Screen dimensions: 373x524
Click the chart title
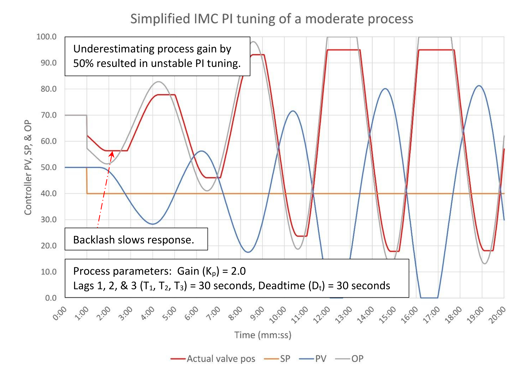(272, 19)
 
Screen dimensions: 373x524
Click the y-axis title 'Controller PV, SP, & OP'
(28, 167)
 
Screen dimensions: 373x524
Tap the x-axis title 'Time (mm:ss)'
(263, 335)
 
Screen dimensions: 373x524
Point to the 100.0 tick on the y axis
(46, 37)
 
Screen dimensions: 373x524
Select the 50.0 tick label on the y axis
(49, 167)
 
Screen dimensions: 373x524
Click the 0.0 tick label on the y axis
(51, 298)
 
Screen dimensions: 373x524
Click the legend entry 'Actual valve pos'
(221, 359)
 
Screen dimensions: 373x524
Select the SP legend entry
(285, 359)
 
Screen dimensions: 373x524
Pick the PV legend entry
(321, 359)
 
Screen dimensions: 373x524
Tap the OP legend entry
(357, 359)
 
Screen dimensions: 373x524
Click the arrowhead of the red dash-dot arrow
(112, 154)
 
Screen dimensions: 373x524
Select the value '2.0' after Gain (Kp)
(238, 271)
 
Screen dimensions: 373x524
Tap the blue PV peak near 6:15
(201, 151)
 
